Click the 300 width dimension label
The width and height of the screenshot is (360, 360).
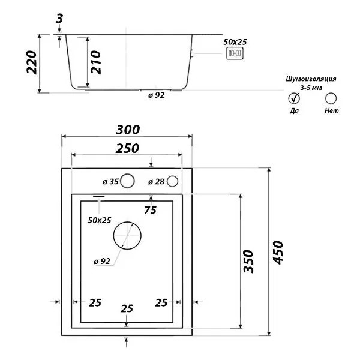click(128, 130)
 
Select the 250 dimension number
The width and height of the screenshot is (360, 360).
click(127, 149)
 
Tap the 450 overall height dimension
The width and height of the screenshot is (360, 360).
click(278, 253)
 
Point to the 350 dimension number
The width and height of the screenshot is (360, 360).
click(248, 262)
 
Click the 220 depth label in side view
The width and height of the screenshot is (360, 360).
click(31, 62)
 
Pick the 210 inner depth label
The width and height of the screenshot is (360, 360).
click(96, 62)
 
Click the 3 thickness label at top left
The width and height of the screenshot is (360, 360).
click(59, 19)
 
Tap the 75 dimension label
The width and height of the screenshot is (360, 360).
click(151, 211)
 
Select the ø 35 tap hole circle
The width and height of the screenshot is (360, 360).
click(127, 181)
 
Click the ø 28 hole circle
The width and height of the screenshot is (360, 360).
click(172, 181)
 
